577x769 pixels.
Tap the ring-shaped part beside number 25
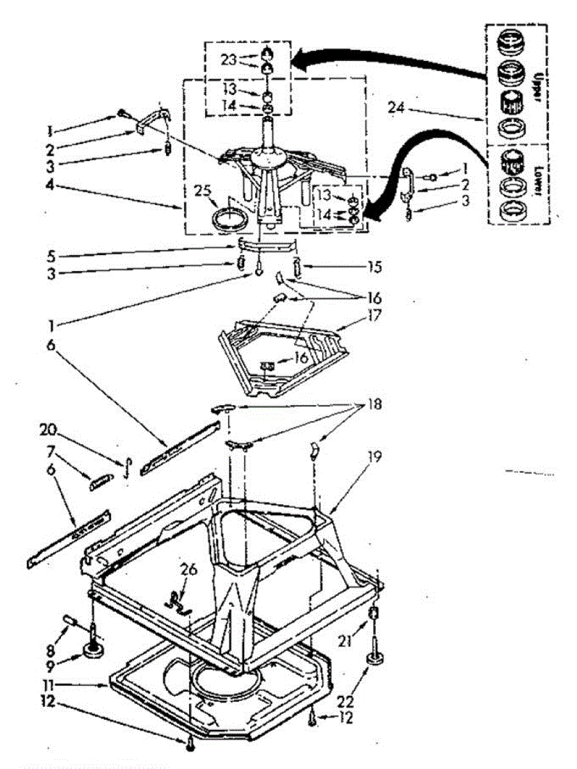[229, 218]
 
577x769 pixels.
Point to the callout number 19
[375, 457]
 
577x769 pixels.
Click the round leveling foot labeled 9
[94, 652]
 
